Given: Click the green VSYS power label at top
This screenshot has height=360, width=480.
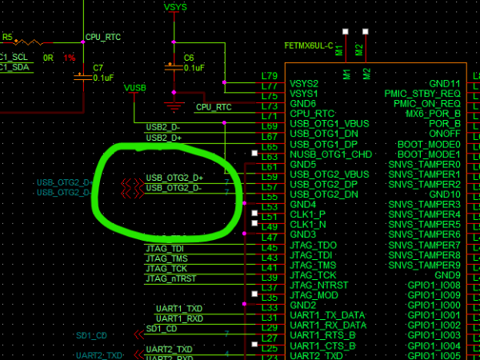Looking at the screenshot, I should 175,7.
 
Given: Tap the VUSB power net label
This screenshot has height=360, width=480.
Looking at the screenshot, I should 135,87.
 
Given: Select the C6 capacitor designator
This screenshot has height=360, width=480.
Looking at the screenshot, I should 189,58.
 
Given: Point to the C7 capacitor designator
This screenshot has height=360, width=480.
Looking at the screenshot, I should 98,67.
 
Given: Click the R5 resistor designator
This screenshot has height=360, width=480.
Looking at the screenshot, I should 8,37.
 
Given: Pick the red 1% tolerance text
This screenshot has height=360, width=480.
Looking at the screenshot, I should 70,58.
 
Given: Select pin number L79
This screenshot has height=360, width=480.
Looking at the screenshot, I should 270,77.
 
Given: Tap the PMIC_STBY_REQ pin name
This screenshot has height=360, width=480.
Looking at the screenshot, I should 422,94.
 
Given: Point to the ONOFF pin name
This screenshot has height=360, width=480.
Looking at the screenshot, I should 445,134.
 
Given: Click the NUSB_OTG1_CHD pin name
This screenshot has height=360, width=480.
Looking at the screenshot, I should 330,154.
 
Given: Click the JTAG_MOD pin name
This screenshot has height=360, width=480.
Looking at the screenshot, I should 314,294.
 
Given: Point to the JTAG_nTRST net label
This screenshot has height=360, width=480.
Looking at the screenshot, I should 170,278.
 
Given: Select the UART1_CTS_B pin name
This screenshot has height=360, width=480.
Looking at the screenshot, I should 324,345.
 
